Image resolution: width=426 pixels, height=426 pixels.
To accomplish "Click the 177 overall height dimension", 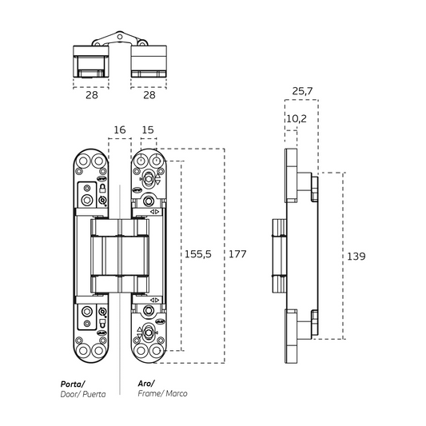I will click(237, 254).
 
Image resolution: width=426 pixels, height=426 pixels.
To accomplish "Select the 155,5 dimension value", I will click(199, 254).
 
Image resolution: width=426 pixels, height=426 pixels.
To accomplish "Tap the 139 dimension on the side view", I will click(356, 257).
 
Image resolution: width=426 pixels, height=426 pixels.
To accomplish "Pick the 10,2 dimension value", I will click(296, 117).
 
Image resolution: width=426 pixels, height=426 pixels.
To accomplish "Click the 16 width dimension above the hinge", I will click(120, 129).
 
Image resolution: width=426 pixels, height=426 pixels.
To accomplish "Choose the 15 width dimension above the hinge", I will click(148, 129).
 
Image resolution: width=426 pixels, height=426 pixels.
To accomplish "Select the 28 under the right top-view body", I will click(149, 96).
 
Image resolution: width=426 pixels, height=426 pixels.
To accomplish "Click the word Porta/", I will click(75, 383).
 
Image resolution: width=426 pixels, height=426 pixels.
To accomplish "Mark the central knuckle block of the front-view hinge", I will click(119, 255).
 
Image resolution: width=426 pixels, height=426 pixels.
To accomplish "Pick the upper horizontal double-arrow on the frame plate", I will click(154, 211).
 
